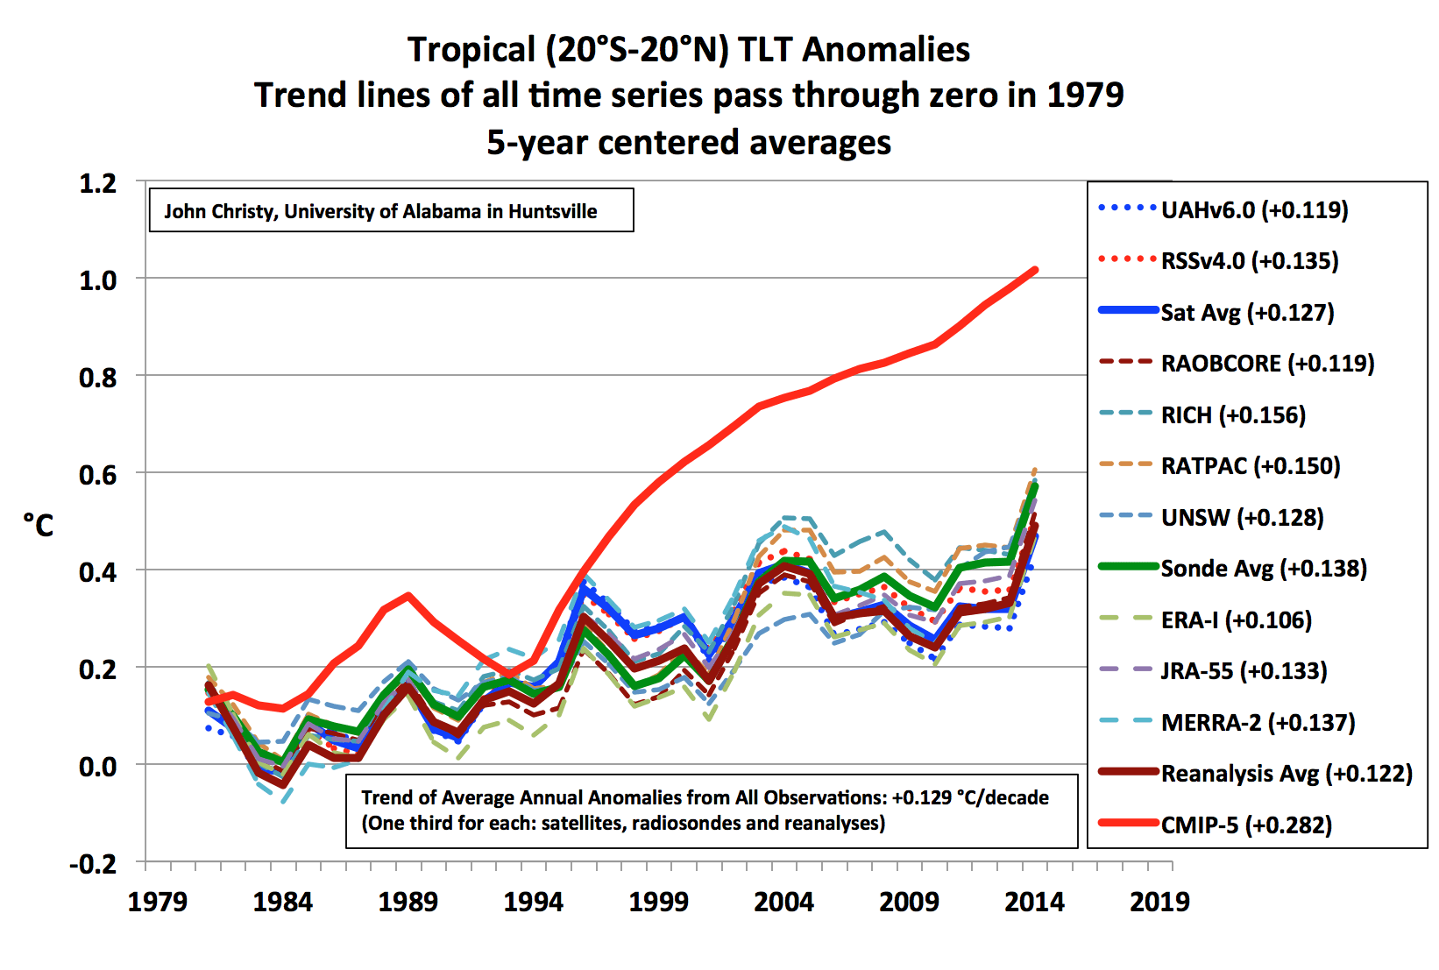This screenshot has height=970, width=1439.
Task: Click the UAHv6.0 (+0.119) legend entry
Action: tap(1253, 210)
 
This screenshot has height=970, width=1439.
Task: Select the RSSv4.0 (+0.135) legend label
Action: tap(1249, 261)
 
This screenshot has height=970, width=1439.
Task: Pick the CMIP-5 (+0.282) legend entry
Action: tap(1245, 825)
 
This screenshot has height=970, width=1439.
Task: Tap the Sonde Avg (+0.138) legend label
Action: tap(1263, 569)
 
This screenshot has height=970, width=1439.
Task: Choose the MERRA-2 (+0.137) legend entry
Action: tap(1258, 723)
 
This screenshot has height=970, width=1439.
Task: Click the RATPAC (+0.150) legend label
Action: tap(1250, 466)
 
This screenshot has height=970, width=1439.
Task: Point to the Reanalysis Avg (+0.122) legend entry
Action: tap(1286, 774)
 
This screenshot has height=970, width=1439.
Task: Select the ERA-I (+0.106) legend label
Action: tap(1236, 620)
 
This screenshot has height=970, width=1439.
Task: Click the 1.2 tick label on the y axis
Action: tap(97, 183)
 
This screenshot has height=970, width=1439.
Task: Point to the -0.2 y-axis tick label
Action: tap(93, 864)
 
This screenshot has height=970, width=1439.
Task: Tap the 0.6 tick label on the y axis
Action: tap(97, 475)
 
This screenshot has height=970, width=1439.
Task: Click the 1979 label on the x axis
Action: tap(158, 902)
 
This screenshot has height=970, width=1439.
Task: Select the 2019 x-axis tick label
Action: tap(1159, 902)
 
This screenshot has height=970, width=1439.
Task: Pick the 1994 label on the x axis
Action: tap(533, 902)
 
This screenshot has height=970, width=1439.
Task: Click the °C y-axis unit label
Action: tap(39, 526)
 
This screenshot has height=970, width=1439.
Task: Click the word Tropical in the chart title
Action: tap(471, 50)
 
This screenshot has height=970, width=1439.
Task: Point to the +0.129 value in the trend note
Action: tap(921, 797)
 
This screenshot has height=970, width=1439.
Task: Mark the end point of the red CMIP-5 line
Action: tap(1035, 270)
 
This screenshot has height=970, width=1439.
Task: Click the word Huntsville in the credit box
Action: tap(553, 211)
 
